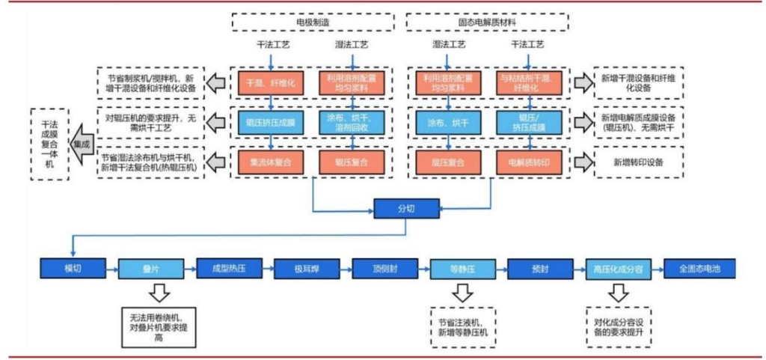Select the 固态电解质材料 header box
pyautogui.click(x=485, y=22)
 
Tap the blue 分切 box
pyautogui.click(x=404, y=209)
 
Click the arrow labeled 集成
pyautogui.click(x=78, y=142)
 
